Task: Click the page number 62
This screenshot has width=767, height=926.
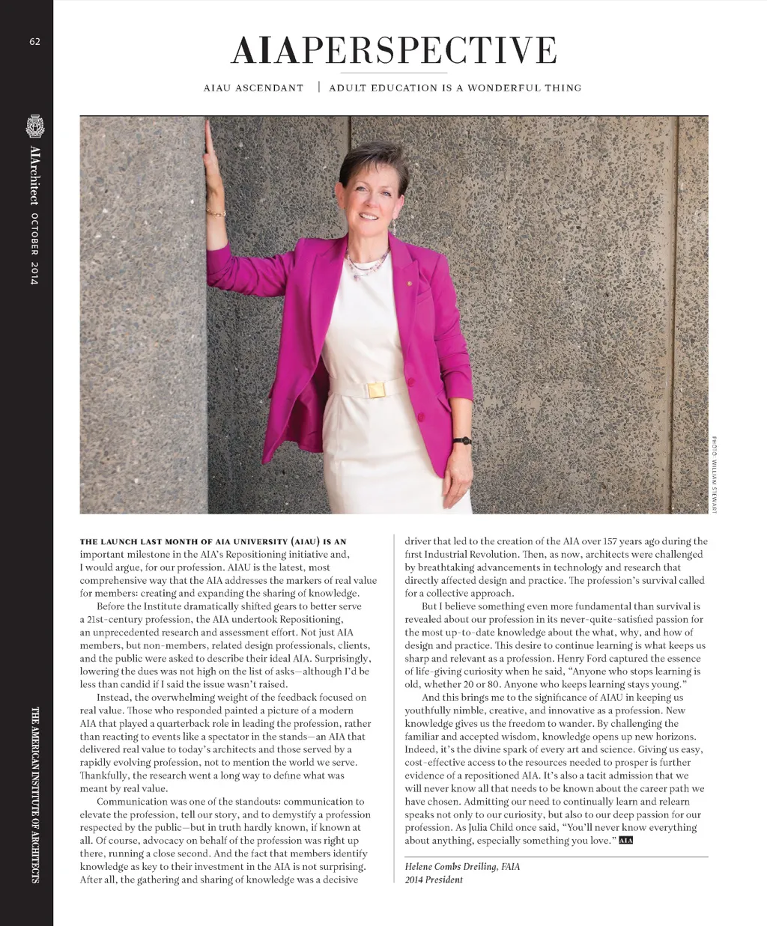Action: pos(34,42)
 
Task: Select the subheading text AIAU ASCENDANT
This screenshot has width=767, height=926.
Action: pos(254,88)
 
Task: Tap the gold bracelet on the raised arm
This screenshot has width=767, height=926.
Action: pos(216,213)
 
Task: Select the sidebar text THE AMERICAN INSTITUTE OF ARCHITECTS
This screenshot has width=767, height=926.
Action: pos(34,794)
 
